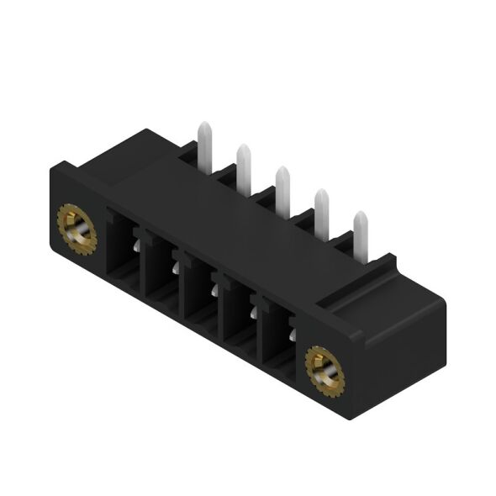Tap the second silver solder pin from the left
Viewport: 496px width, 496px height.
[244, 166]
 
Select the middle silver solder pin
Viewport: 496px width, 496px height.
[283, 186]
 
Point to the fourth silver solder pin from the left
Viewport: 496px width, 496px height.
[322, 208]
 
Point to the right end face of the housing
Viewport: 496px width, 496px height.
[404, 353]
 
